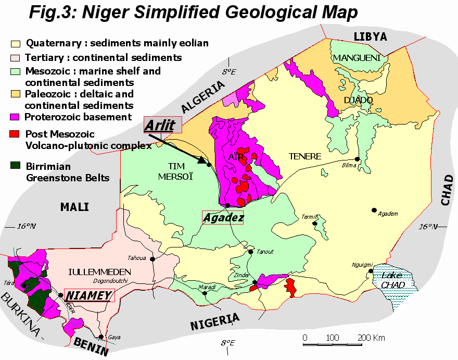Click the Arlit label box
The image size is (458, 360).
pyautogui.click(x=162, y=126)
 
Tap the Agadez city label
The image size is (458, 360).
pyautogui.click(x=223, y=218)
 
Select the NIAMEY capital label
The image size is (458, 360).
pyautogui.click(x=89, y=295)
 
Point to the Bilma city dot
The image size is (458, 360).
pyautogui.click(x=358, y=159)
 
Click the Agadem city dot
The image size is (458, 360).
pyautogui.click(x=374, y=210)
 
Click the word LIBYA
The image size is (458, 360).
pyautogui.click(x=371, y=36)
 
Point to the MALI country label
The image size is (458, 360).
pyautogui.click(x=74, y=207)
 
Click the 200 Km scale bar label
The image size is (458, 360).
pyautogui.click(x=372, y=338)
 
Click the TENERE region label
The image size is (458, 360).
pyautogui.click(x=306, y=156)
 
